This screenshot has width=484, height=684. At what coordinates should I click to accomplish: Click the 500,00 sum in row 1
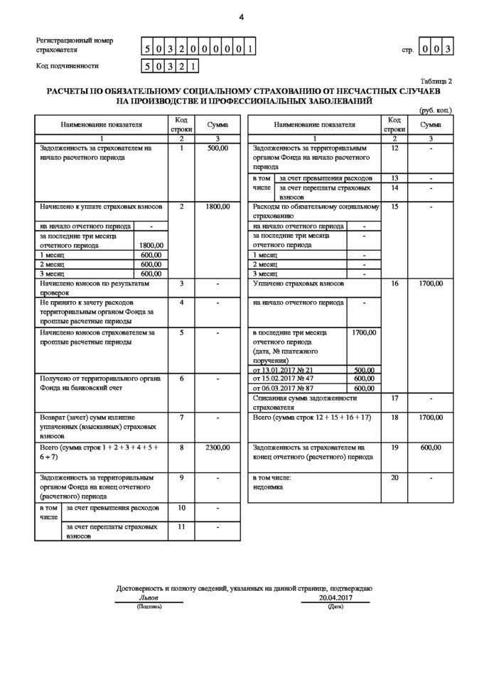pos(217,149)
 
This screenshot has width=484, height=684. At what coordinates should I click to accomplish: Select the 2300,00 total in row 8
pos(217,448)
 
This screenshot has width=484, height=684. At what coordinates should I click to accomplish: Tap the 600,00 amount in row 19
pos(431,448)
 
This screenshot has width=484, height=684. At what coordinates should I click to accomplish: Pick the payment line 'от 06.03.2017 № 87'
pos(281,389)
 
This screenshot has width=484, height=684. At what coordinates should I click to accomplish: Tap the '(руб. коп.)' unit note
pos(436,110)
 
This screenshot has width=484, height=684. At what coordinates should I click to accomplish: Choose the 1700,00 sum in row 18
pos(431,418)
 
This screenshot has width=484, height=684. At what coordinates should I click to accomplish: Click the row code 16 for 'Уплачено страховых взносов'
pos(395,283)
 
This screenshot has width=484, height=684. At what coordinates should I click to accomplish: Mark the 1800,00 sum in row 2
pos(217,207)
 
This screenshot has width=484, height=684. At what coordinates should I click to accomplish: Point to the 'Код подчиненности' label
pos(68,66)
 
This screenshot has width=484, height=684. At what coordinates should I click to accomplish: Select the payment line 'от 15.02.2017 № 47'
pos(281,379)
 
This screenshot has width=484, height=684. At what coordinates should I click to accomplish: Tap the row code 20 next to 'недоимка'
pos(395,478)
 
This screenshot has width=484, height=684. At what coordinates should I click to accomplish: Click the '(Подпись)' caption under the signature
pos(150,607)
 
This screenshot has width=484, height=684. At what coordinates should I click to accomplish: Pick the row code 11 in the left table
pos(182,528)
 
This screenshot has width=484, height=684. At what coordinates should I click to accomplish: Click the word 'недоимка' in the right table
pos(267,487)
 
